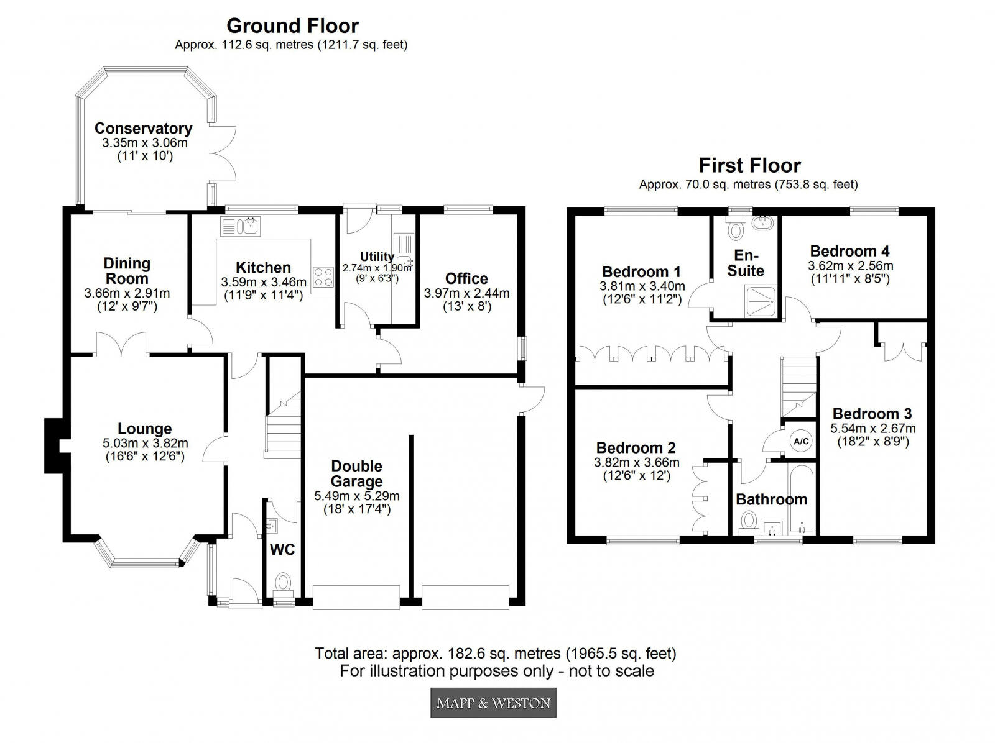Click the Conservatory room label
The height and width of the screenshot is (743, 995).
click(x=143, y=129)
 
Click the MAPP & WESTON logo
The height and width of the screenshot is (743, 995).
click(x=493, y=703)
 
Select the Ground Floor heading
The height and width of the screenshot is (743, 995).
click(x=292, y=26)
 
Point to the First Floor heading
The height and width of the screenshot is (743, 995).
click(x=749, y=166)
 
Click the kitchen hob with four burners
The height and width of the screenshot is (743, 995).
click(x=323, y=276)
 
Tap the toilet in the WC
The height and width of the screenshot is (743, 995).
click(x=284, y=583)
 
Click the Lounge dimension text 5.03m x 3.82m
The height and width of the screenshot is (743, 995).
click(x=145, y=444)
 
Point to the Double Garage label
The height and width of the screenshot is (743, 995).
click(x=356, y=473)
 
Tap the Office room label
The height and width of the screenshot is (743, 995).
click(x=466, y=278)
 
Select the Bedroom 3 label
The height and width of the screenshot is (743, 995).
click(x=872, y=414)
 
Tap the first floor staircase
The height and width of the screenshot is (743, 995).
click(x=798, y=385)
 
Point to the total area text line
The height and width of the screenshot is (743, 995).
click(x=496, y=654)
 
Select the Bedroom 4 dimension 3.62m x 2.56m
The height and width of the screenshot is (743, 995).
click(x=850, y=266)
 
